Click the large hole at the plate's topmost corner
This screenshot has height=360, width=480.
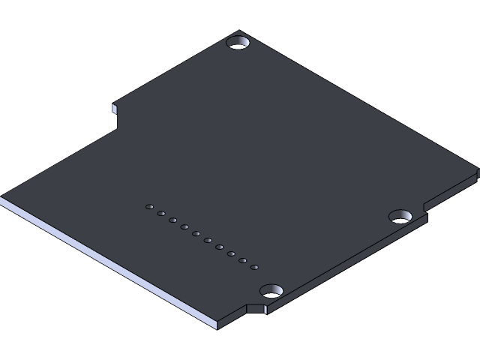[238, 43]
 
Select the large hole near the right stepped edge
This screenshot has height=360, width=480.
[400, 216]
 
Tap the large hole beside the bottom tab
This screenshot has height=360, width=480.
[271, 290]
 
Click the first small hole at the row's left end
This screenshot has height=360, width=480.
[150, 206]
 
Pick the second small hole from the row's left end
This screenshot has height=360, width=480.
[161, 213]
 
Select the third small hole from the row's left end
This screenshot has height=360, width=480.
[173, 220]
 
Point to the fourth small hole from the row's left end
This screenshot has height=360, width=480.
[184, 226]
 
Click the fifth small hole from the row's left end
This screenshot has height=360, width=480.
[196, 233]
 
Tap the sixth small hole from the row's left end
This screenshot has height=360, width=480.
[208, 240]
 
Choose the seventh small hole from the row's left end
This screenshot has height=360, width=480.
[220, 247]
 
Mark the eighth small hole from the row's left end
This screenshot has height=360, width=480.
[231, 253]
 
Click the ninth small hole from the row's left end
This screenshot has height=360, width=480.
[243, 260]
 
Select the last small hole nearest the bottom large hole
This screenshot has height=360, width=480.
[254, 267]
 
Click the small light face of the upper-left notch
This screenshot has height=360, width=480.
[115, 109]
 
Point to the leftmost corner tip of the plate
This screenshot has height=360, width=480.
[2, 199]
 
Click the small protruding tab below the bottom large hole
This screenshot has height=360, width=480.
[256, 307]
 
